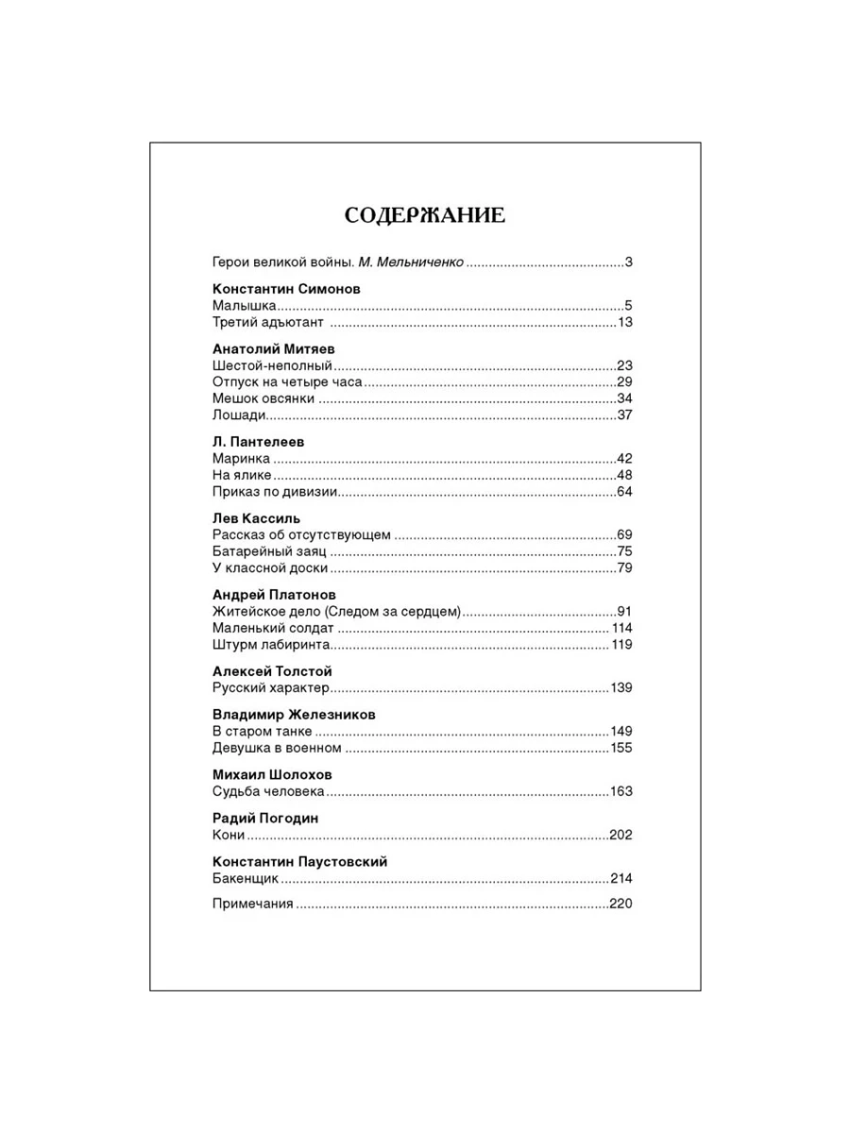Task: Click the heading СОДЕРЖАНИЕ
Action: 424,216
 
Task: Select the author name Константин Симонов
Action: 286,289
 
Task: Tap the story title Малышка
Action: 244,306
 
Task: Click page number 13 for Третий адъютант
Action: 623,323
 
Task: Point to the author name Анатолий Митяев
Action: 274,348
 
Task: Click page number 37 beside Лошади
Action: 623,415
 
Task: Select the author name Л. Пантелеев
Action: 258,441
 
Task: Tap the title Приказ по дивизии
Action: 275,492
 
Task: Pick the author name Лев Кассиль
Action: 256,517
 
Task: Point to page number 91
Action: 623,611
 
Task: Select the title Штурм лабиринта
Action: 270,645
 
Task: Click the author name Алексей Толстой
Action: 272,670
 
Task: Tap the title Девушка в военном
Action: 276,748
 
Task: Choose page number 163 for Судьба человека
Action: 620,791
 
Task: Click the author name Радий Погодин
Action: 265,818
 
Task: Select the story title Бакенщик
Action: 246,879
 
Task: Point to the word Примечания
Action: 253,905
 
